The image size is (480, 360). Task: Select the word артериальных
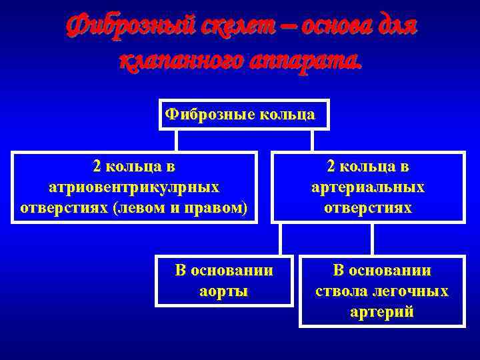tap(368, 187)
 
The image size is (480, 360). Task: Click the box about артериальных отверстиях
tap(368, 187)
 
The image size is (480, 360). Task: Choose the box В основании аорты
tap(224, 281)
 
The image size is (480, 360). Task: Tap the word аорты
tap(224, 291)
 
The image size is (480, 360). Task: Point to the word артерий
tap(382, 312)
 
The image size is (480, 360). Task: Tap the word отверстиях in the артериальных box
tap(368, 208)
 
